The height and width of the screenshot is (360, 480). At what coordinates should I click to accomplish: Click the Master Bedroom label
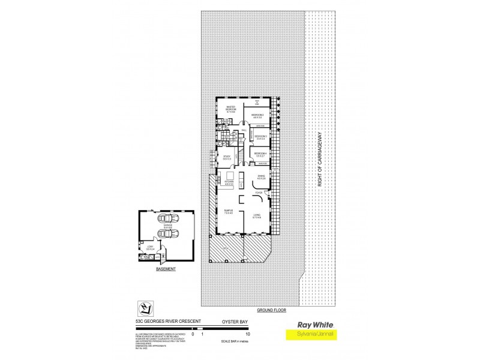(x=230, y=109)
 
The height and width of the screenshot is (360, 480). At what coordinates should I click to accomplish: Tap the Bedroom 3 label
(x=260, y=137)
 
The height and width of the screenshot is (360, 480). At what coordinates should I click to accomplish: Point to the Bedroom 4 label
(x=260, y=155)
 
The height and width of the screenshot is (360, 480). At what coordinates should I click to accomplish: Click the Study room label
(x=227, y=158)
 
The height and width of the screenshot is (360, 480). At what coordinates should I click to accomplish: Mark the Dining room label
(x=260, y=178)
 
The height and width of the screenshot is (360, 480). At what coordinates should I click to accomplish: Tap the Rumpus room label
(x=228, y=211)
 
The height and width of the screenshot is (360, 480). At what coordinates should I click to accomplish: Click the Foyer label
(x=258, y=193)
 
